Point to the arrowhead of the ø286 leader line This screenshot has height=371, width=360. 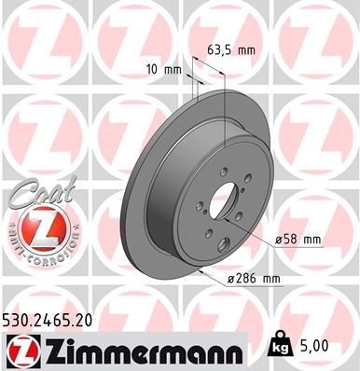tap(202, 270)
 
